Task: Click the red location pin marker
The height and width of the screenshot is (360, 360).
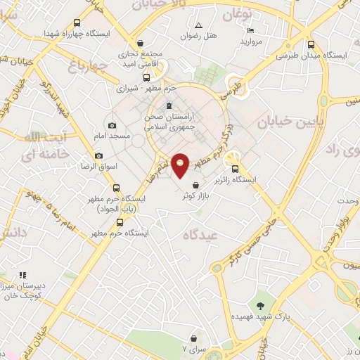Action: [181, 165]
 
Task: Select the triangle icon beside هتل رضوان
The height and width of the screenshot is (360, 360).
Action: [199, 25]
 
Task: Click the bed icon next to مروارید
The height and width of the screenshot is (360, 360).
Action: [250, 30]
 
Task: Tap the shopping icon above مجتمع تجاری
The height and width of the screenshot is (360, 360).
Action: [141, 43]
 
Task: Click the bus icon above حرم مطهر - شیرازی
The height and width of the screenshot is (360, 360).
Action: [146, 77]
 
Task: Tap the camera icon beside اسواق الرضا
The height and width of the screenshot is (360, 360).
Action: [98, 155]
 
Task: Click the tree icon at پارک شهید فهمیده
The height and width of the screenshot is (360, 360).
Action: [261, 305]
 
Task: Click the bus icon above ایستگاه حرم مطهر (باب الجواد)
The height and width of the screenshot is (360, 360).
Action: [117, 188]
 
